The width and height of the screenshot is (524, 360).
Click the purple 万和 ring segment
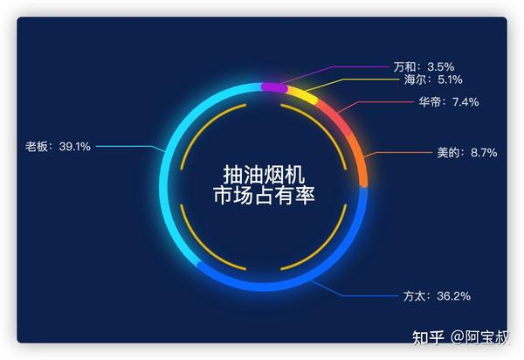pos(274,87)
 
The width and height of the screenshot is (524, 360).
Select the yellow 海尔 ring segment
pos(302,93)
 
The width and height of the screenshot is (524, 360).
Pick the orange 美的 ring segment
pos(360,160)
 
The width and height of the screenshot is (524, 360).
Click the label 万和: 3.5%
pos(424,67)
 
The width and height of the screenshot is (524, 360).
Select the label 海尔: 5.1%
pos(433,80)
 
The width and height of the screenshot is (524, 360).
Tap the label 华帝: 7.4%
pos(449,101)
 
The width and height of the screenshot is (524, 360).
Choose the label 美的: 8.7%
pos(467,153)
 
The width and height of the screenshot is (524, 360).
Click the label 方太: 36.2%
pos(437,296)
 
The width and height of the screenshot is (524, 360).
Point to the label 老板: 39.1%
pos(58,147)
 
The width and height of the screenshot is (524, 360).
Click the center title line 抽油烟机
pos(264,175)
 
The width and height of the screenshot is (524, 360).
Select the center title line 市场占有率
pos(264,195)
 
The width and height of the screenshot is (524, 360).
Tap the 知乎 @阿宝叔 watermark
pos(460,337)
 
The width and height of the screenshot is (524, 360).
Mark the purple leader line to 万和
pos(334,67)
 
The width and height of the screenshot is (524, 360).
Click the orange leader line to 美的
pos(397,152)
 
